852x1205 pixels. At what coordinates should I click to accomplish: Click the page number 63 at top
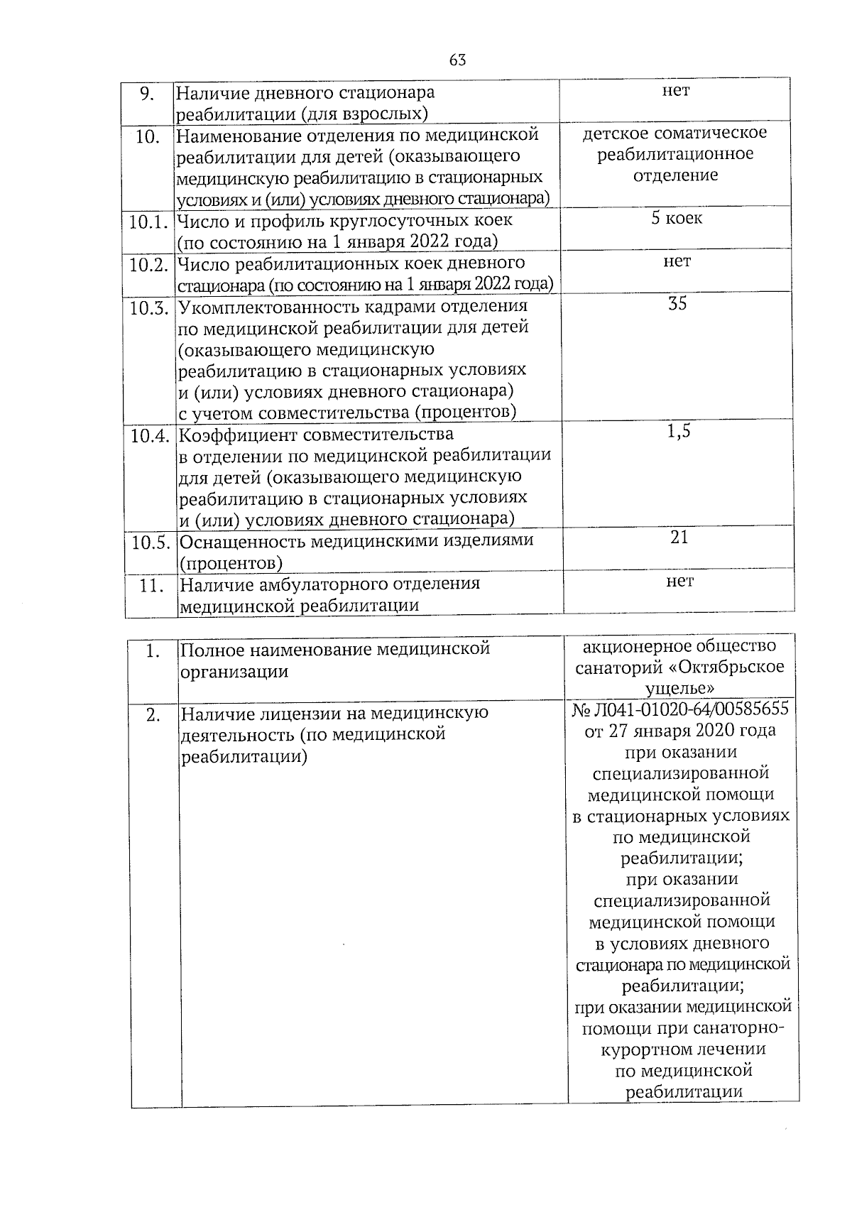coord(457,60)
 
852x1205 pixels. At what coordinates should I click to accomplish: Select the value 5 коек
coord(677,218)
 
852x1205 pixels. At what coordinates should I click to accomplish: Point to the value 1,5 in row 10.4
coord(679,432)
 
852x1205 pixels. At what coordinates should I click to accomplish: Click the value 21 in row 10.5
coord(679,538)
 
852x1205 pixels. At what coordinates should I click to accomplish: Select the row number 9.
coord(146,93)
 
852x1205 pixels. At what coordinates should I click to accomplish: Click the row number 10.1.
coord(148,222)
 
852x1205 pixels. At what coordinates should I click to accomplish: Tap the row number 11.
coord(151,586)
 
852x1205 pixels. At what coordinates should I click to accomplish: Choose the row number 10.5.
coord(151,542)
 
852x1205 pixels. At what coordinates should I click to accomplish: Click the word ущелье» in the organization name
coord(679,688)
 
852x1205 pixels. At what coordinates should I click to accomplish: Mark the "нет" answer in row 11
coord(680,582)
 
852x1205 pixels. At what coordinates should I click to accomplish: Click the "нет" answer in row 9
coord(675,90)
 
